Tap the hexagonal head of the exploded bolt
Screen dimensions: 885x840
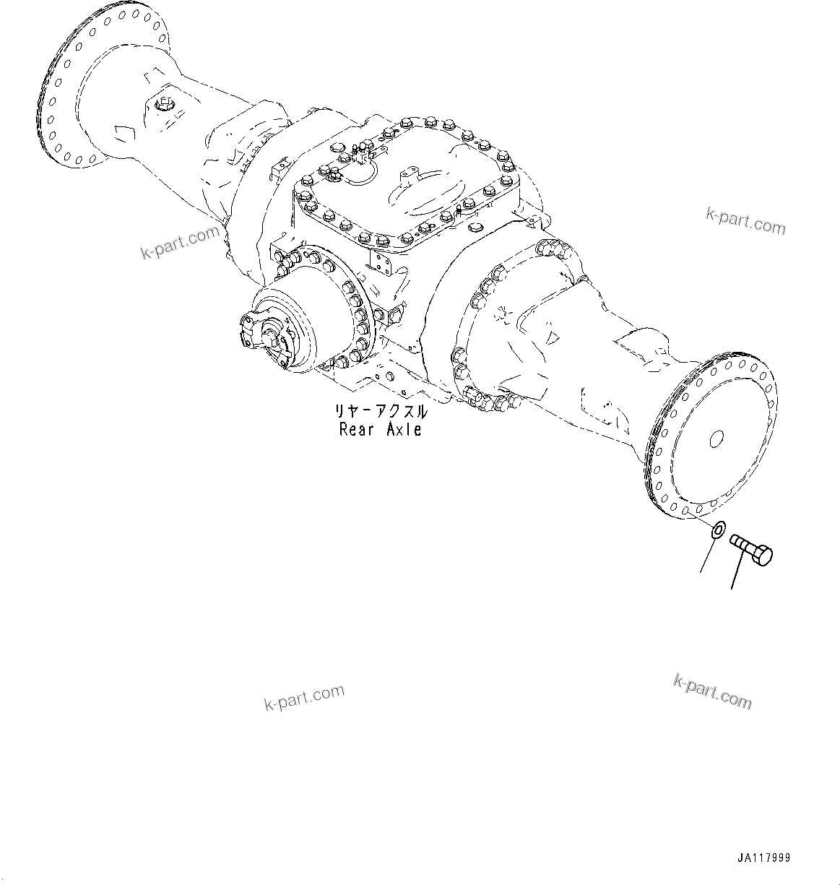coord(763,556)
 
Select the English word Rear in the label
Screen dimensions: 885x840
coord(357,429)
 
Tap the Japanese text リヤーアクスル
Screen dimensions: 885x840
coord(380,412)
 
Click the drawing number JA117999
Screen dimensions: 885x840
coord(764,858)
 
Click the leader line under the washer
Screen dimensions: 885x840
coord(707,556)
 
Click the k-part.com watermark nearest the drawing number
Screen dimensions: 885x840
coord(712,691)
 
